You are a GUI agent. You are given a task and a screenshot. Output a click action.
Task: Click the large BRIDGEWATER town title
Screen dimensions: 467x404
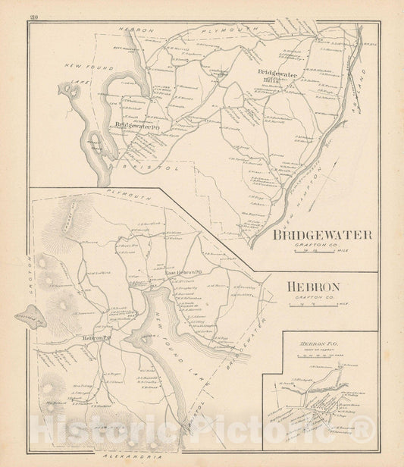point(321,235)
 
